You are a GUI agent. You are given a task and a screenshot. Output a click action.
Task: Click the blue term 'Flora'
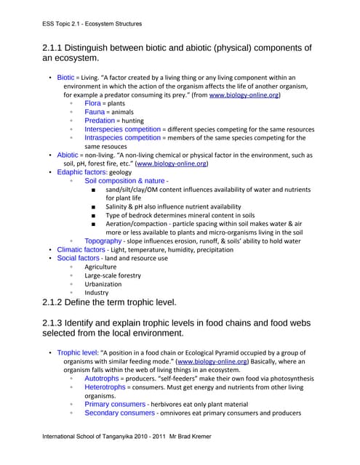coord(95,104)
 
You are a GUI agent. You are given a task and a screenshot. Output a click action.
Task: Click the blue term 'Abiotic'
coord(68,155)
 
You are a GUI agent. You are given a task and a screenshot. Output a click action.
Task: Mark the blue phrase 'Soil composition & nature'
coord(124,181)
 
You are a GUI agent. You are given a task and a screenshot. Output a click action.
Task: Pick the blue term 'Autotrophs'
coord(102,379)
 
